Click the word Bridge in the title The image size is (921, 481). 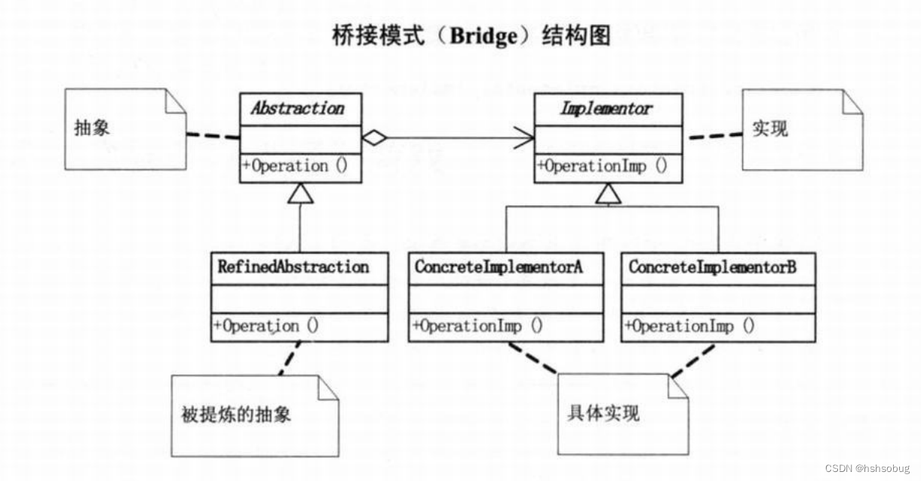point(480,36)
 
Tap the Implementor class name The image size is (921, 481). point(606,109)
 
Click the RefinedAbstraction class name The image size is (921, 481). point(293,267)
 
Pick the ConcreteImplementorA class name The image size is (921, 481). point(499,267)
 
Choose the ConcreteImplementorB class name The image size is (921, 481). point(712,267)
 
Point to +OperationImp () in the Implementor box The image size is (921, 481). point(603,166)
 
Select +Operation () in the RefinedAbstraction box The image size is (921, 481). point(266,326)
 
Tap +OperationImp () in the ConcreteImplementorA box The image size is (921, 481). point(477,326)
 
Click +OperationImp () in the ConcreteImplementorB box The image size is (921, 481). point(689,326)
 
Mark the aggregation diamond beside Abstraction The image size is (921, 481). point(374,138)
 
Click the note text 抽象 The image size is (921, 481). point(92,128)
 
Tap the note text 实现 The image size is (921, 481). point(769,129)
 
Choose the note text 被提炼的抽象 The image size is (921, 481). point(236,415)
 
